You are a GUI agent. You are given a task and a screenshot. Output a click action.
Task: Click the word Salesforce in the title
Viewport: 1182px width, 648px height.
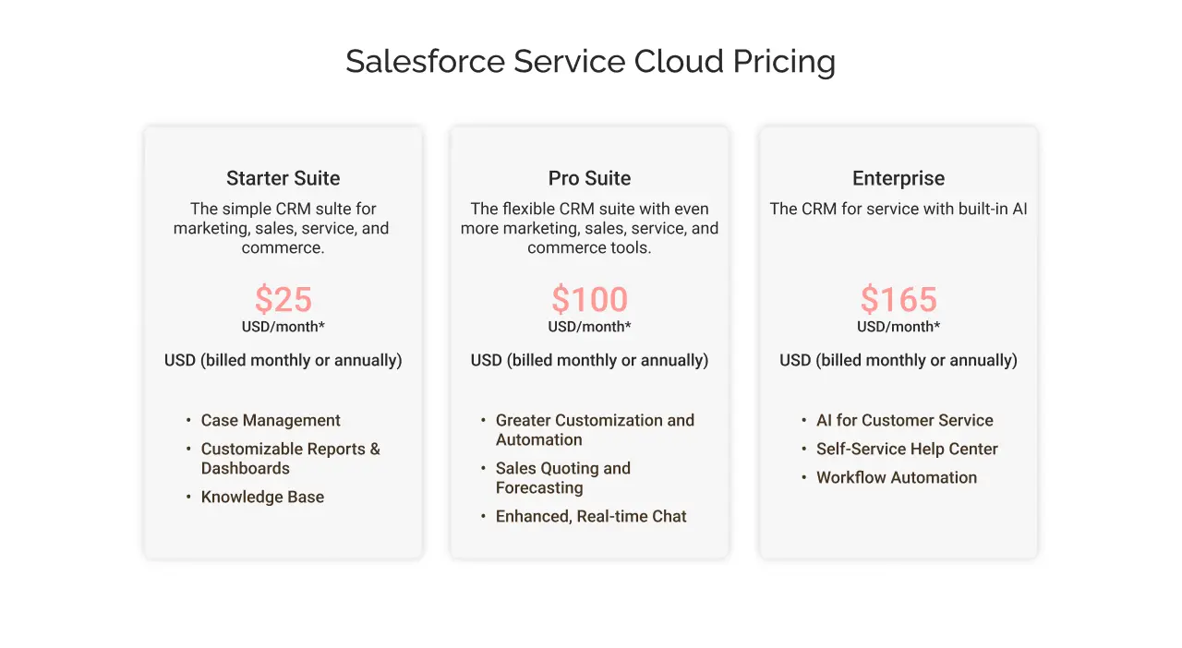tap(426, 61)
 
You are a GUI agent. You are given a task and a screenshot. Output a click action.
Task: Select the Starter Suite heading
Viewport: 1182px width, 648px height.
tap(283, 178)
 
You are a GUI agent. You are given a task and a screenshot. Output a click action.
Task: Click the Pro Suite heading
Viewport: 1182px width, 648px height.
tap(589, 178)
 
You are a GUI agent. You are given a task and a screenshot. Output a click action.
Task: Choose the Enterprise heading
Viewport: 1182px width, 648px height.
tap(899, 179)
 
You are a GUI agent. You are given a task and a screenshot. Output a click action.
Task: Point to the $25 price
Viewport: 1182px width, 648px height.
tap(283, 299)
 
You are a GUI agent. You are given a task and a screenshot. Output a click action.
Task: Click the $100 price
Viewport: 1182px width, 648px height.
tap(589, 299)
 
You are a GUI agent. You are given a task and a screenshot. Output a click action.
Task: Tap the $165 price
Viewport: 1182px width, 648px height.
tap(899, 299)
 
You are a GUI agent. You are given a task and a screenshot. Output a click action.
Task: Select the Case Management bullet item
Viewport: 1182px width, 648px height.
tap(271, 421)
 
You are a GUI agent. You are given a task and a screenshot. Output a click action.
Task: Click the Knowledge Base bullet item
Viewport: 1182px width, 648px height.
tap(262, 498)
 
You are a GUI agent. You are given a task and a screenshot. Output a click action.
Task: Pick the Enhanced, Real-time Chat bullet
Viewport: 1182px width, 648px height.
tap(591, 516)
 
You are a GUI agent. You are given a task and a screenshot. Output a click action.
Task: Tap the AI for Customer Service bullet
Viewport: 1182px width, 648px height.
tap(904, 420)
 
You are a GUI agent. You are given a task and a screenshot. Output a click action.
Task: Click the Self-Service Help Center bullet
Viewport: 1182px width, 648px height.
tap(907, 449)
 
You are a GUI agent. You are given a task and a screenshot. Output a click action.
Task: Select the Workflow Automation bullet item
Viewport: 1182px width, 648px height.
tap(897, 477)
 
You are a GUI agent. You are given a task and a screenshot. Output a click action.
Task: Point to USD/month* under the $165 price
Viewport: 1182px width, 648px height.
tap(899, 327)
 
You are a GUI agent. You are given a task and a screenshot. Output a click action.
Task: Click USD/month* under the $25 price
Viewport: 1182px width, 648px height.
tap(283, 327)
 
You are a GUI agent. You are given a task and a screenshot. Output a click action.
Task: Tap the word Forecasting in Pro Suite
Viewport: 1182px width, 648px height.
tap(539, 488)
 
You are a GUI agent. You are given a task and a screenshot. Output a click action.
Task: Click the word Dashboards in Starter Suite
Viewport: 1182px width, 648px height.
tap(246, 469)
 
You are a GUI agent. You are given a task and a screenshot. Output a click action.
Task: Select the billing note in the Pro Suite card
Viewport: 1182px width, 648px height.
tap(589, 360)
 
